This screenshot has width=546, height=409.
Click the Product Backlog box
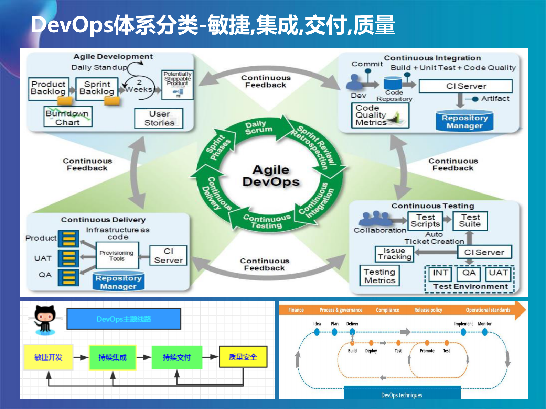click(x=49, y=88)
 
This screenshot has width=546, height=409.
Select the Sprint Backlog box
click(x=97, y=88)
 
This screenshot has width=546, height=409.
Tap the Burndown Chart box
click(x=68, y=118)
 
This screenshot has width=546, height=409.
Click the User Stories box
click(x=159, y=118)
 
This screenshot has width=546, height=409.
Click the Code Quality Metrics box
click(x=380, y=115)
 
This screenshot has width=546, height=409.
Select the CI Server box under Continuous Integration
click(x=465, y=86)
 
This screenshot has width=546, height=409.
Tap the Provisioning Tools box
click(x=117, y=255)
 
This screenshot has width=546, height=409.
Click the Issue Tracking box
click(x=394, y=254)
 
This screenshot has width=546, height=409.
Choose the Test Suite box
click(x=470, y=221)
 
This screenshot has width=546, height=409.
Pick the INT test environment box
click(x=440, y=273)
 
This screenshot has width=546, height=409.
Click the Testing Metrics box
click(x=379, y=276)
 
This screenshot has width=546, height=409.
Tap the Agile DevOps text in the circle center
click(x=271, y=176)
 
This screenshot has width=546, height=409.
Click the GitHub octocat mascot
click(x=45, y=319)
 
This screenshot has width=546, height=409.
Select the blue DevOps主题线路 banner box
click(x=124, y=319)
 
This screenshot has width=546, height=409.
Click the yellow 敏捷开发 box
click(x=49, y=357)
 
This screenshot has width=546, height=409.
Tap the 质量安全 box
click(x=243, y=357)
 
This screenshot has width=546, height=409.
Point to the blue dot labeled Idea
click(x=317, y=332)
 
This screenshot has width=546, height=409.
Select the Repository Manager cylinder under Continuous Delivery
click(x=118, y=282)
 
